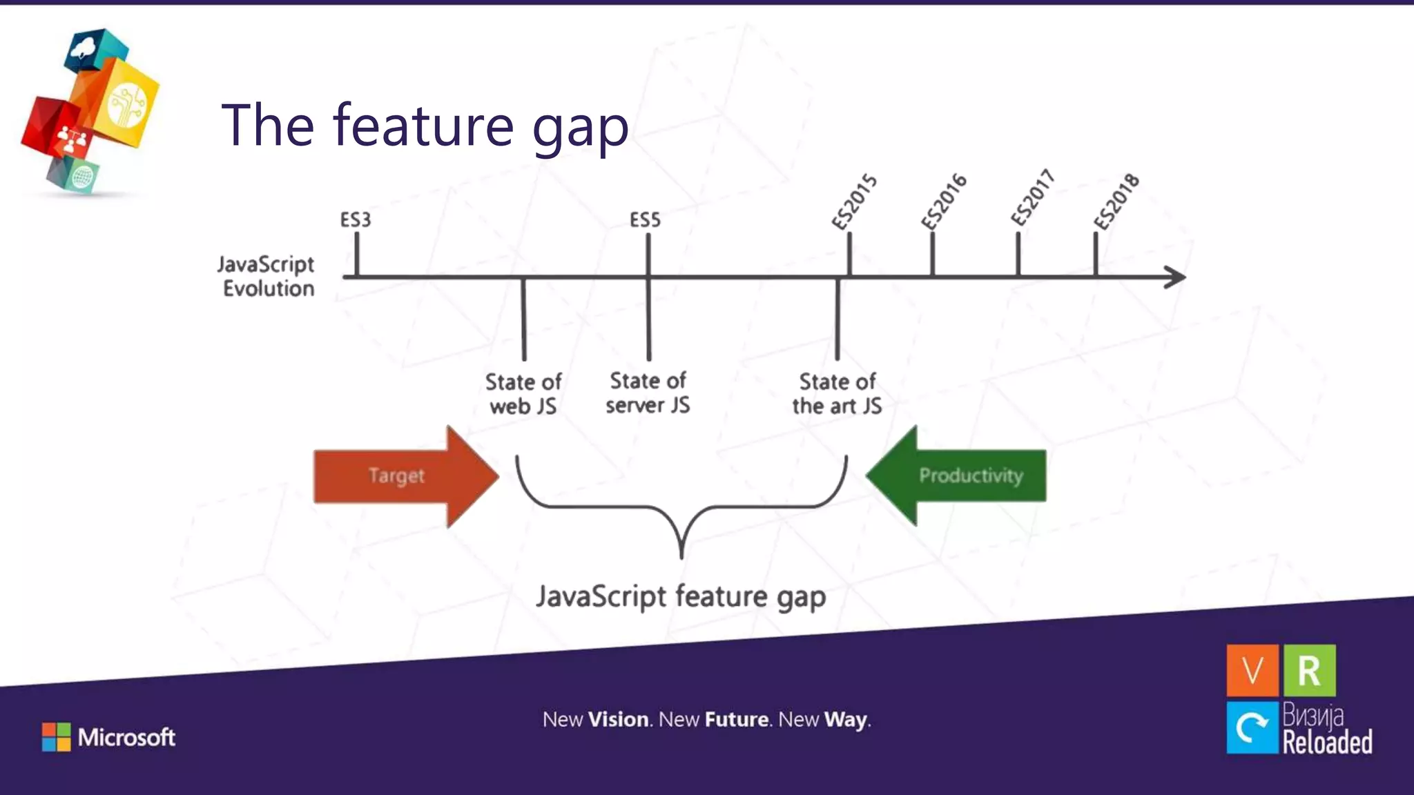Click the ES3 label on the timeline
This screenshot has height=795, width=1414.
356,220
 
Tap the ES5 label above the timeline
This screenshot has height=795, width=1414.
645,220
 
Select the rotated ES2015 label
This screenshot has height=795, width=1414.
854,202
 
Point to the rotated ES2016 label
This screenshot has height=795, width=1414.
944,201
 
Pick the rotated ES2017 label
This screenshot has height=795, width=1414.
1033,197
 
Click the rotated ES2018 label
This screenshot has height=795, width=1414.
1116,201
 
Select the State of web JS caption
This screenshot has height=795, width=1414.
523,393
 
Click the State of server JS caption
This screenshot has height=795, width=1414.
648,393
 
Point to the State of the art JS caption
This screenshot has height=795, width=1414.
837,393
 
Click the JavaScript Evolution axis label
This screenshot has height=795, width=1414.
267,276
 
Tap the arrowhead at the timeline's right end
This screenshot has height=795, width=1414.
1176,277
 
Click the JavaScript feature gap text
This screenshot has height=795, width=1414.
681,597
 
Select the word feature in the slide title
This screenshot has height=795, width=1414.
423,125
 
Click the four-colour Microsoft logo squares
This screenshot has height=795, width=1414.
56,737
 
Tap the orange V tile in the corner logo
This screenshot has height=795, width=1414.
1252,670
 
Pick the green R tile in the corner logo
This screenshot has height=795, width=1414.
1309,670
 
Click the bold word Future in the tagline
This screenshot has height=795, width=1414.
736,720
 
